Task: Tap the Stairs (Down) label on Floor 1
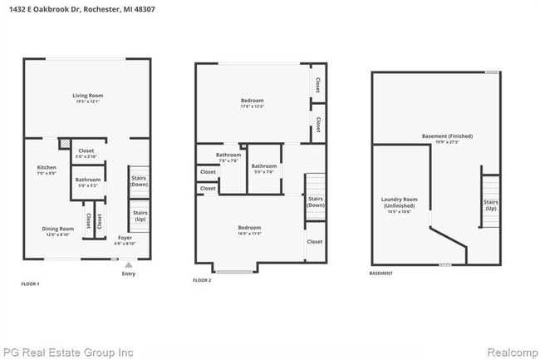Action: point(138,180)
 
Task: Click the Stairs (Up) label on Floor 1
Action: point(138,216)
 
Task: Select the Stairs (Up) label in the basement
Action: point(491,205)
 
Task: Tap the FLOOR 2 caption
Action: point(202,281)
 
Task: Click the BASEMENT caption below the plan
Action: point(381,274)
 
